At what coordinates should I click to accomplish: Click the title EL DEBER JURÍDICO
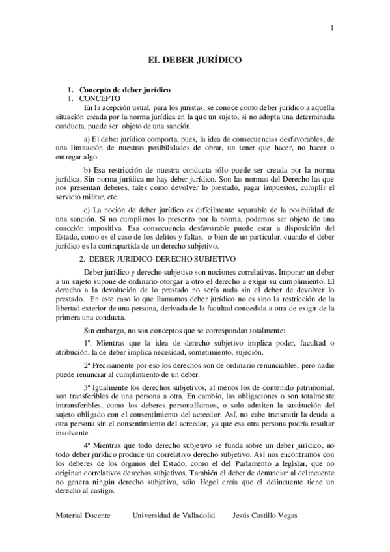click(195, 60)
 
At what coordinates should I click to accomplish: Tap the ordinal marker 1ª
click(87, 342)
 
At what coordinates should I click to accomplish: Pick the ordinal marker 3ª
click(87, 385)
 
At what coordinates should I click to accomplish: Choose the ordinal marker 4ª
click(87, 443)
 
